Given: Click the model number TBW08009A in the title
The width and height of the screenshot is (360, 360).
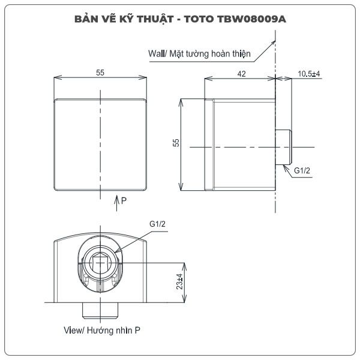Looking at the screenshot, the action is pos(251,19).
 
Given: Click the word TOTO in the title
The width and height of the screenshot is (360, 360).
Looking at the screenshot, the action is pos(199,19).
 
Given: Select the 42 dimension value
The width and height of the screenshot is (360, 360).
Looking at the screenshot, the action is pos(241,74).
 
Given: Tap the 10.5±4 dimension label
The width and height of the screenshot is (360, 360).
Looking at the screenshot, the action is pos(309,74).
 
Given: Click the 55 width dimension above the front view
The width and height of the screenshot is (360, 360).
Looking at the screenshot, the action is pos(100,73).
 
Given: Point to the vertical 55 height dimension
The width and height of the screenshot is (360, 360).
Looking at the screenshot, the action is pos(176,143).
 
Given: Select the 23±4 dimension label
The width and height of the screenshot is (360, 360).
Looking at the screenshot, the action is pos(179,281).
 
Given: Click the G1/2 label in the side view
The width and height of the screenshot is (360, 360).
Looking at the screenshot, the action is pos(302,170).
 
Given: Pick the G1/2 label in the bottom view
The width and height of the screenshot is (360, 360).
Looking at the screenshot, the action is pos(157,224).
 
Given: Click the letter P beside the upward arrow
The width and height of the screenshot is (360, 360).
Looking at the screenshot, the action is pos(124,200).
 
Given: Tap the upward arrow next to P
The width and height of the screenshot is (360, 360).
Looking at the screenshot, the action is pos(117,203).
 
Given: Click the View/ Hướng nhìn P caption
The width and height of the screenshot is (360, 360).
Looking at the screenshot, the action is pos(102,331).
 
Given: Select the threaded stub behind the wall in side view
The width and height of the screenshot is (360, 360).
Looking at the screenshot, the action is pos(284,147).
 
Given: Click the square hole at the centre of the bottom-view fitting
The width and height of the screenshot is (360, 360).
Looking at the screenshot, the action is pos(100,263).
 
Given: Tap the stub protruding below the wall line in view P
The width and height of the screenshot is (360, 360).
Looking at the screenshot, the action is pos(100,310).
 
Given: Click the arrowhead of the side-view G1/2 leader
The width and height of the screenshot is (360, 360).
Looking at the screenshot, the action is pos(285,167).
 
